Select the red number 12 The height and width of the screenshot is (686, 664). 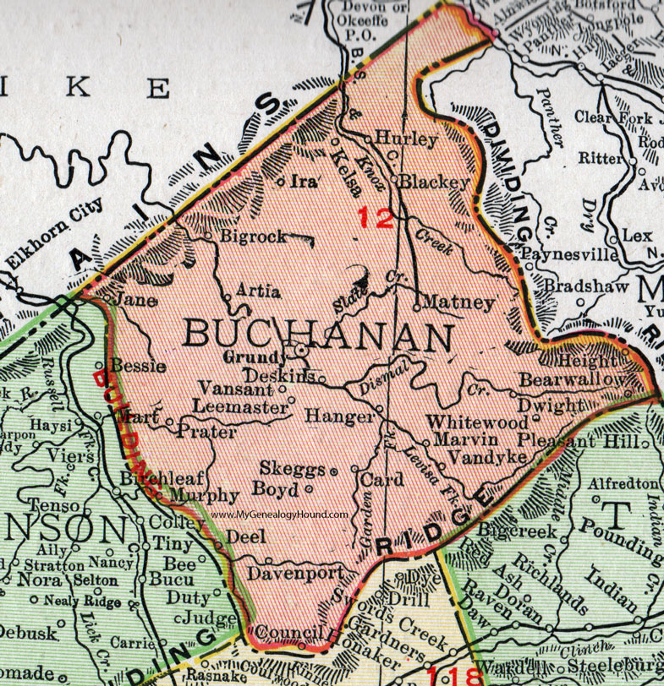375,218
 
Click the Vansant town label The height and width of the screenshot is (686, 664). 236,389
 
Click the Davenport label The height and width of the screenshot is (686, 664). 296,573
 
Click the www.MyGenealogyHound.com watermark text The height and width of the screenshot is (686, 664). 281,514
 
